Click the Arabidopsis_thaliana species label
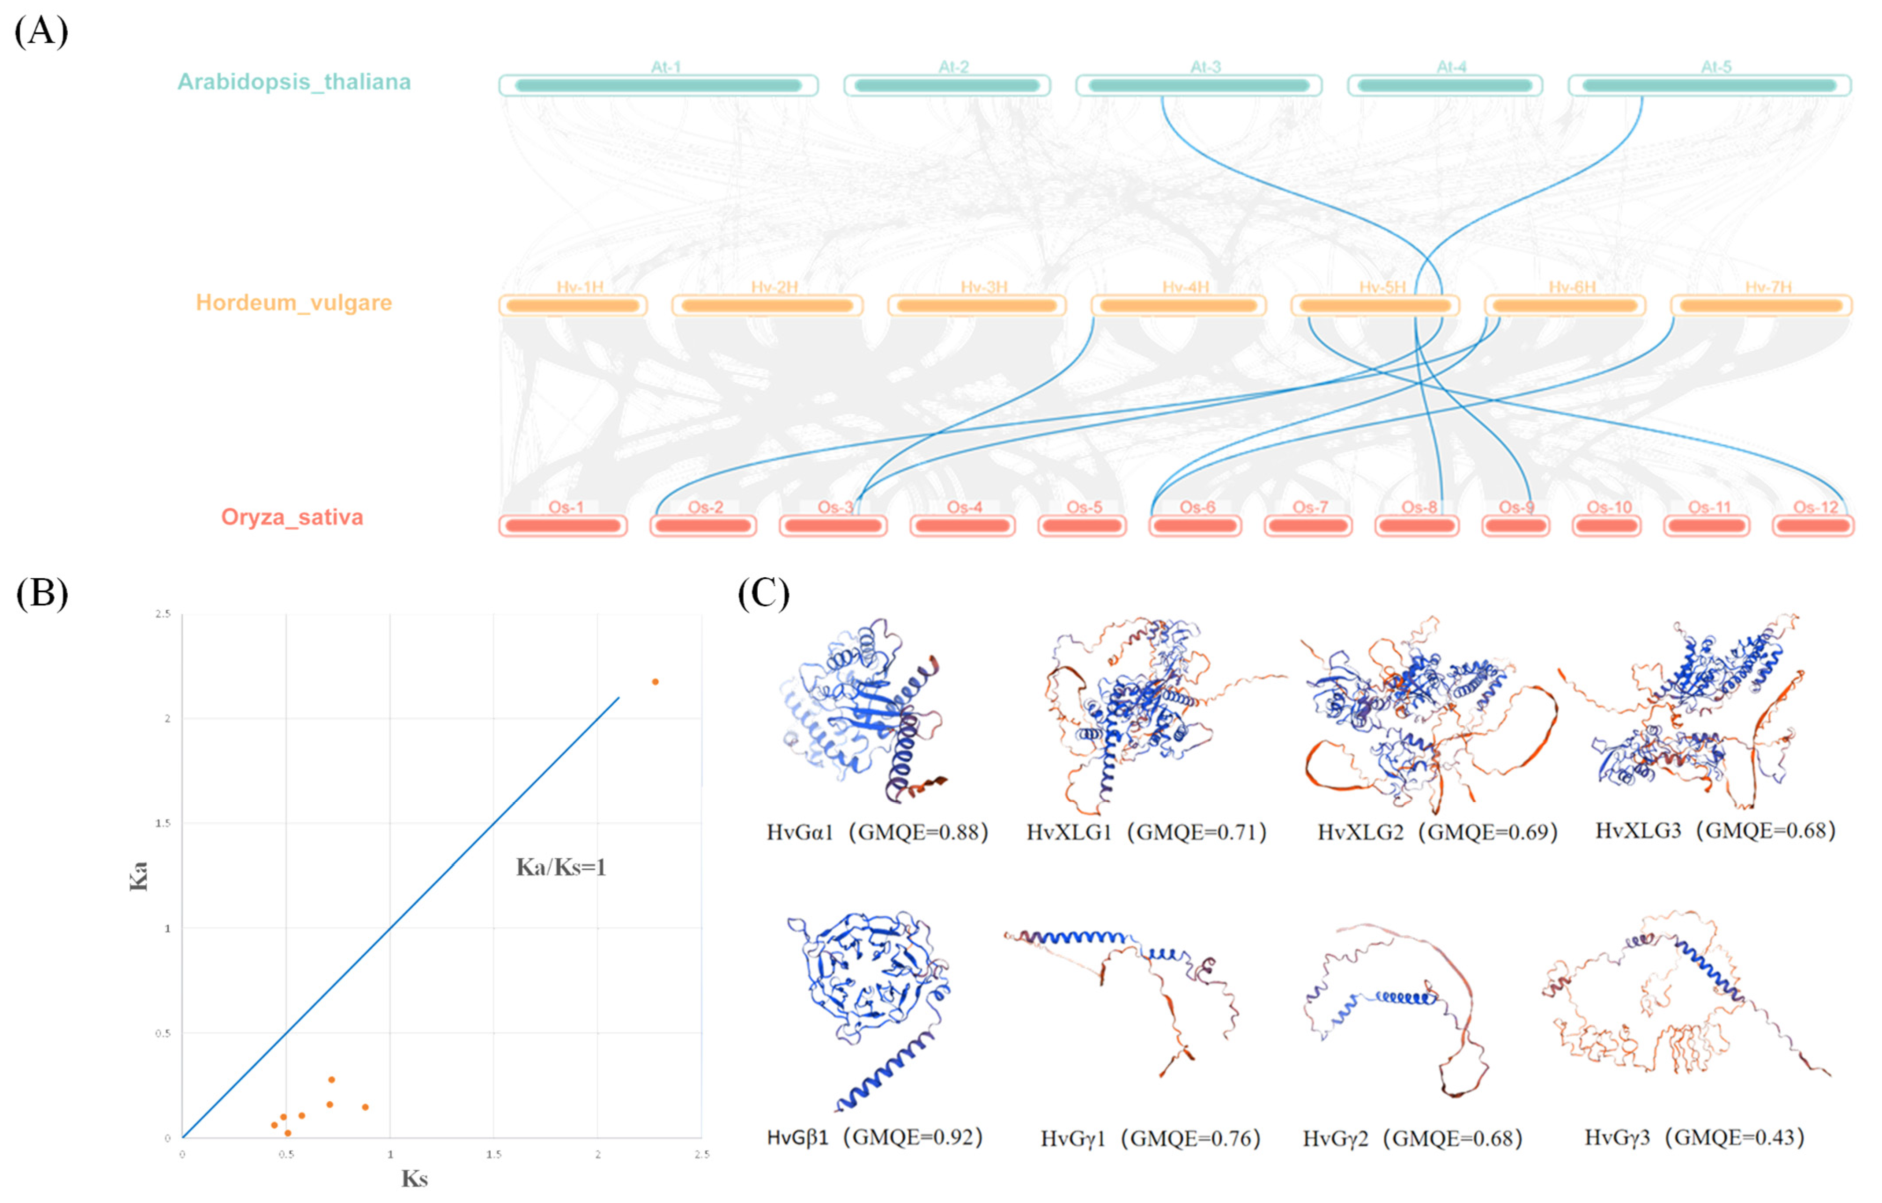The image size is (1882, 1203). (x=294, y=82)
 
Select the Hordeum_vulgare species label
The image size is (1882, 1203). (x=294, y=303)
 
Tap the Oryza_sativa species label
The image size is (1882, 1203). (x=293, y=517)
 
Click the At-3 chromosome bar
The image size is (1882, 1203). (x=1198, y=85)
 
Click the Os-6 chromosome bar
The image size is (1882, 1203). (x=1196, y=526)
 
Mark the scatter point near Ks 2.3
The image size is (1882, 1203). (x=655, y=682)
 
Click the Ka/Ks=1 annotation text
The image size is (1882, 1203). (x=561, y=867)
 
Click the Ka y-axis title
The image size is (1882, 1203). (x=138, y=876)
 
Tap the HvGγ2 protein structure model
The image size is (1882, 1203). (x=1395, y=1007)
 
